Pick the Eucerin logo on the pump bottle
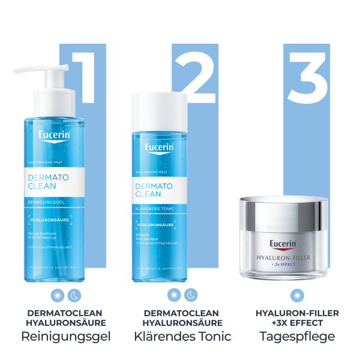click(53, 137)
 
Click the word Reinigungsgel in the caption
click(67, 337)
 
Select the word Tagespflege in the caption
click(297, 337)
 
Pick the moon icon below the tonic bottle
click(190, 295)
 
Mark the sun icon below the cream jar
click(297, 295)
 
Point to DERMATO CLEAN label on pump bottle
click(49, 182)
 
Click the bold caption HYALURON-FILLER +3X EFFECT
click(297, 318)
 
